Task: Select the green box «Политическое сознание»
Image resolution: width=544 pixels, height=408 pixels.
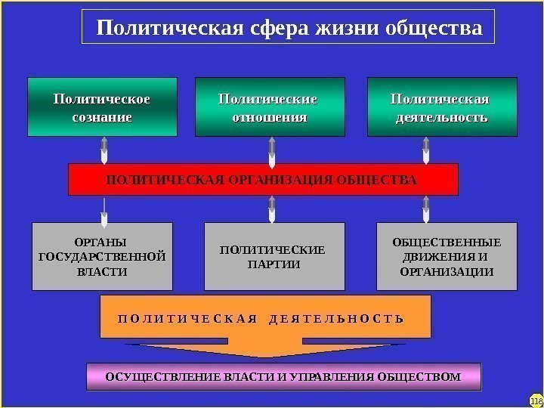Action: click(x=102, y=107)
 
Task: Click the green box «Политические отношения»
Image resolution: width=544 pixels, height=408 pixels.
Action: click(x=270, y=107)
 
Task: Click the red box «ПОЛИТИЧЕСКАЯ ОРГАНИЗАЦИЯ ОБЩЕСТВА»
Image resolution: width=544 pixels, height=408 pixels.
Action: click(x=263, y=180)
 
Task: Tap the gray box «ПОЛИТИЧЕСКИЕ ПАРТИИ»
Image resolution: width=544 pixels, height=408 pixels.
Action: click(x=274, y=257)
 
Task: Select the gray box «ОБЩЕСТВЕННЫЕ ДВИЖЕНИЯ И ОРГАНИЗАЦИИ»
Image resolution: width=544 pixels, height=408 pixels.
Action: click(x=447, y=257)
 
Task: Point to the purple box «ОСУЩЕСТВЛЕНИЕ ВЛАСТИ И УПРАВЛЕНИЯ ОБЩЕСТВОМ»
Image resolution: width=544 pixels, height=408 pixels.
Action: click(x=283, y=376)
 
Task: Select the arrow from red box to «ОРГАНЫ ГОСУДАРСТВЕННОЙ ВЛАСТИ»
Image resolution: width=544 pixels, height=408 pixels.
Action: click(x=104, y=209)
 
